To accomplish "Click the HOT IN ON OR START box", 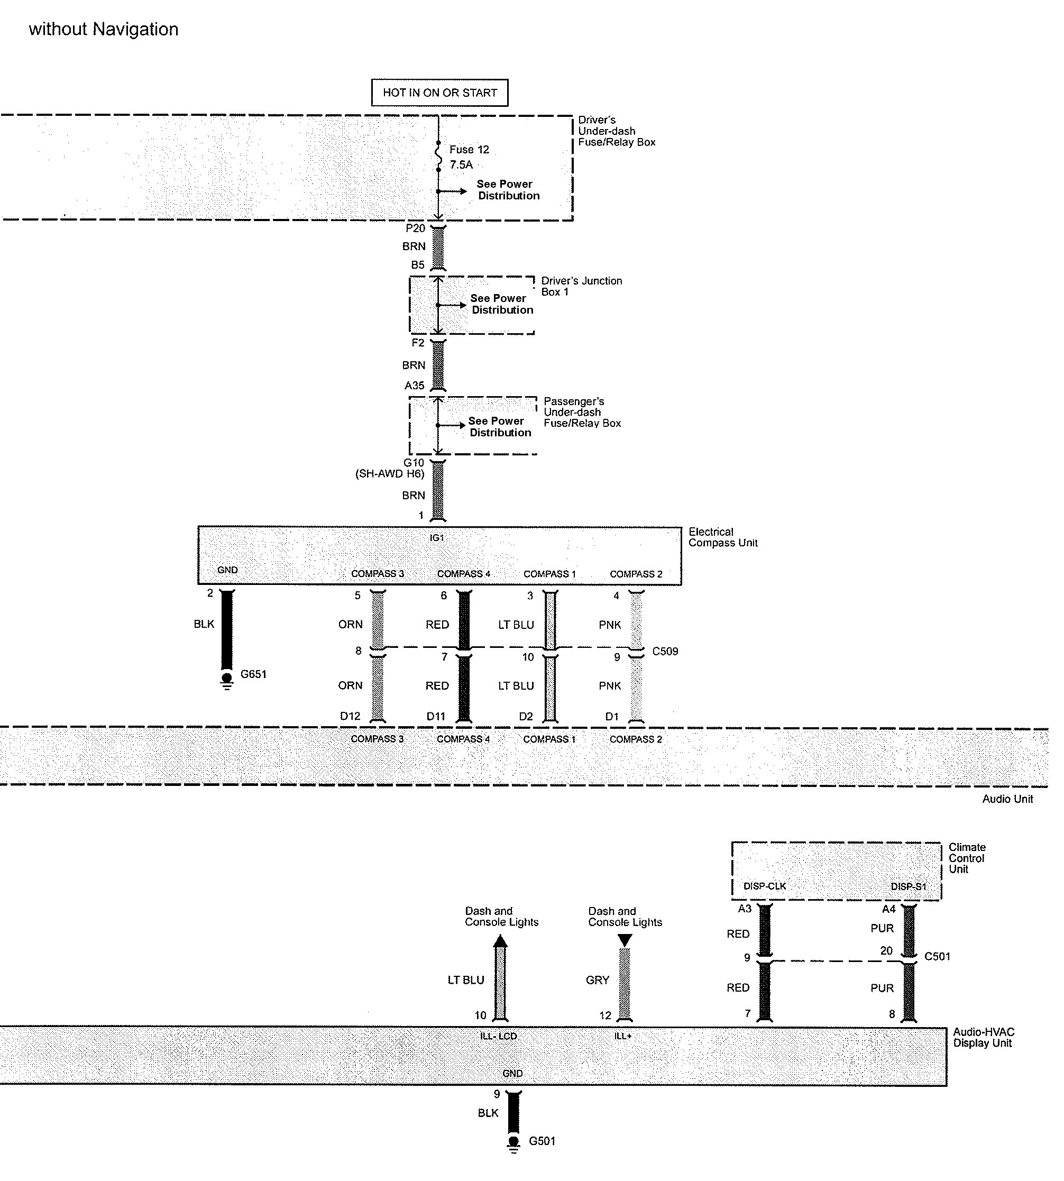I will (439, 93).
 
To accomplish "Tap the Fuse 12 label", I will (469, 150).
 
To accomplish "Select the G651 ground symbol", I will (227, 681).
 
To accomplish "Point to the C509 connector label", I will (665, 651).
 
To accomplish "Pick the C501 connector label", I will (937, 957).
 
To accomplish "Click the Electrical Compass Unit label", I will (722, 537).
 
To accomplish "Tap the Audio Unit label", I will (1007, 799).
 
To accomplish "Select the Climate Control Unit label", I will (967, 858).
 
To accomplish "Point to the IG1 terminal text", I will (437, 538).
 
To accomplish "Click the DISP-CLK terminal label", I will (765, 886).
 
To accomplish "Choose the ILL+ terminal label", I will (622, 1036).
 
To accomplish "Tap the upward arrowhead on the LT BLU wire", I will (500, 941).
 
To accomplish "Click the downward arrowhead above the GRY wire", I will (625, 941).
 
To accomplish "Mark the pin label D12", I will (350, 716).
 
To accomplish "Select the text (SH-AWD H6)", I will (390, 473).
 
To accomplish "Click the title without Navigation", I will (104, 29).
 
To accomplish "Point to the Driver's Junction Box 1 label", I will (581, 287).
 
